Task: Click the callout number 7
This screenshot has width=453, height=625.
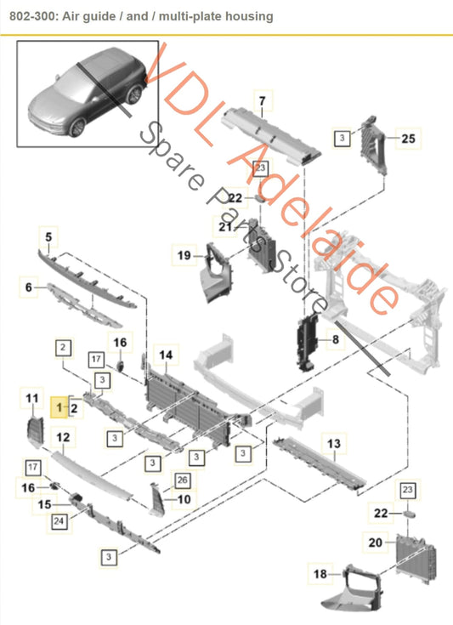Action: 262,103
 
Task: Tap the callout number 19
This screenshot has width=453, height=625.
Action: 184,253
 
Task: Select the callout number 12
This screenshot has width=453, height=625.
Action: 63,437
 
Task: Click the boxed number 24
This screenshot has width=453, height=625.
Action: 59,520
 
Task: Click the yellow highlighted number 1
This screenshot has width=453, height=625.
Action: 59,409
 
